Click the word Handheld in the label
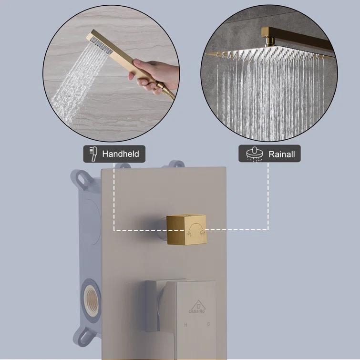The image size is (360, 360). (x=120, y=154)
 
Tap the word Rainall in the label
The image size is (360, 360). (x=281, y=154)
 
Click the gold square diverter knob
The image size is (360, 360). (x=186, y=230)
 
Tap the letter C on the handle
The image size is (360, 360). (x=208, y=324)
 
